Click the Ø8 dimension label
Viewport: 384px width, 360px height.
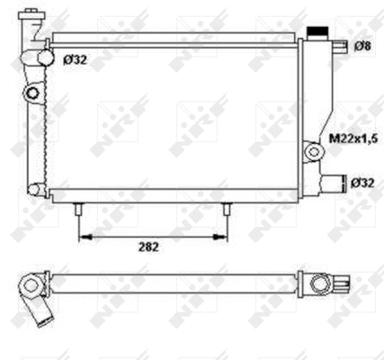pyautogui.click(x=363, y=46)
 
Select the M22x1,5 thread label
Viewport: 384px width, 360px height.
pyautogui.click(x=353, y=139)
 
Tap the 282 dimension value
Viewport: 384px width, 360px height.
pyautogui.click(x=148, y=247)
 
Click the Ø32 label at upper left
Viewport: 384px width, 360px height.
pyautogui.click(x=75, y=60)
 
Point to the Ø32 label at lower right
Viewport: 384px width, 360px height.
pyautogui.click(x=362, y=183)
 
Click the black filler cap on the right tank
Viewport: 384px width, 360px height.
pyautogui.click(x=317, y=31)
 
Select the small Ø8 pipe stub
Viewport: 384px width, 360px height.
pyautogui.click(x=341, y=46)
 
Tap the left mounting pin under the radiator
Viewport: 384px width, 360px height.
pyautogui.click(x=78, y=209)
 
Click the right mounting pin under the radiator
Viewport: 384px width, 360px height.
pyautogui.click(x=227, y=209)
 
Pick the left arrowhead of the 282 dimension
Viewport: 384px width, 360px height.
pyautogui.click(x=85, y=237)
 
